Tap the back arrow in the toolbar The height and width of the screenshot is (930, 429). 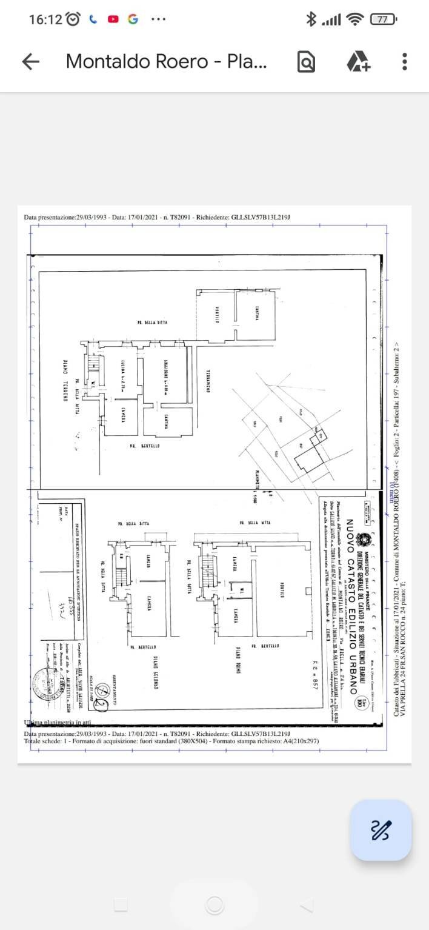click(x=30, y=61)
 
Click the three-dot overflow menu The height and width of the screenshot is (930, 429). click(x=404, y=61)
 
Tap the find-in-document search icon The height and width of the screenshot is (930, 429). click(x=307, y=61)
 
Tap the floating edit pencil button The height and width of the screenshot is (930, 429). click(x=381, y=829)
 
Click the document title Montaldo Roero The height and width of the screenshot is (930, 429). click(x=166, y=61)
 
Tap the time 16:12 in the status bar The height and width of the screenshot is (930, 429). click(x=45, y=19)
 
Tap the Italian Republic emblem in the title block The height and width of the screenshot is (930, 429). click(x=363, y=540)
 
